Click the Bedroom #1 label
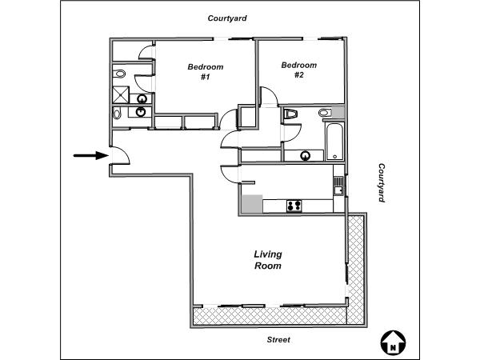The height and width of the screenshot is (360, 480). (x=206, y=72)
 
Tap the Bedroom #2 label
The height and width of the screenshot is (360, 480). (x=299, y=70)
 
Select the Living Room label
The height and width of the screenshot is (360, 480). (x=268, y=260)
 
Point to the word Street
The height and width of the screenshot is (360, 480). (x=278, y=339)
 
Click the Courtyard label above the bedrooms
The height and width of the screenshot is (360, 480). (x=227, y=18)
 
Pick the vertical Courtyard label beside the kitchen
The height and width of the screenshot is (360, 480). (x=382, y=182)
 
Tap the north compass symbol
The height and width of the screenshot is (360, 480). (x=393, y=343)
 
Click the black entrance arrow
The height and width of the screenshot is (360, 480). (x=91, y=155)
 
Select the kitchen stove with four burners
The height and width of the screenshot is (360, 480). (x=294, y=206)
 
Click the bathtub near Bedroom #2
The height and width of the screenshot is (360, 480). (x=335, y=142)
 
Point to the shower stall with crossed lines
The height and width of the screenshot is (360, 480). (x=121, y=95)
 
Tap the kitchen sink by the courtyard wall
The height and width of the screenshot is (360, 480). (x=338, y=186)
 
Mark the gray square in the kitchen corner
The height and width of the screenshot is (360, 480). (x=252, y=203)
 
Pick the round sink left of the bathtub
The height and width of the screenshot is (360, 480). (x=306, y=156)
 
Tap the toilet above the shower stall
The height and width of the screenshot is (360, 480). (x=119, y=74)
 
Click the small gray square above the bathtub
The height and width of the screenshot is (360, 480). (x=338, y=112)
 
